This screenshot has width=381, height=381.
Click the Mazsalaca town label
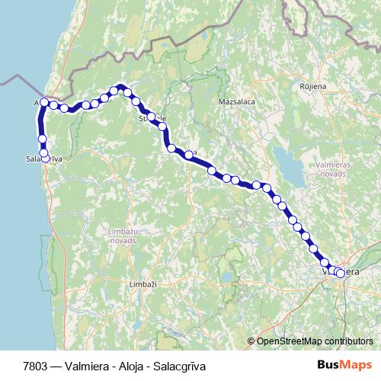tap(236, 101)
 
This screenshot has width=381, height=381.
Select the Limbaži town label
tap(142, 284)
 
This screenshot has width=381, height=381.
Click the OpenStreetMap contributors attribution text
tap(315, 341)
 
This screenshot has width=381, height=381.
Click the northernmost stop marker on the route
tap(120, 88)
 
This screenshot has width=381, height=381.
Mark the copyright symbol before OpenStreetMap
tap(251, 341)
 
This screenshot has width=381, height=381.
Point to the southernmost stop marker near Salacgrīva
tap(45, 157)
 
